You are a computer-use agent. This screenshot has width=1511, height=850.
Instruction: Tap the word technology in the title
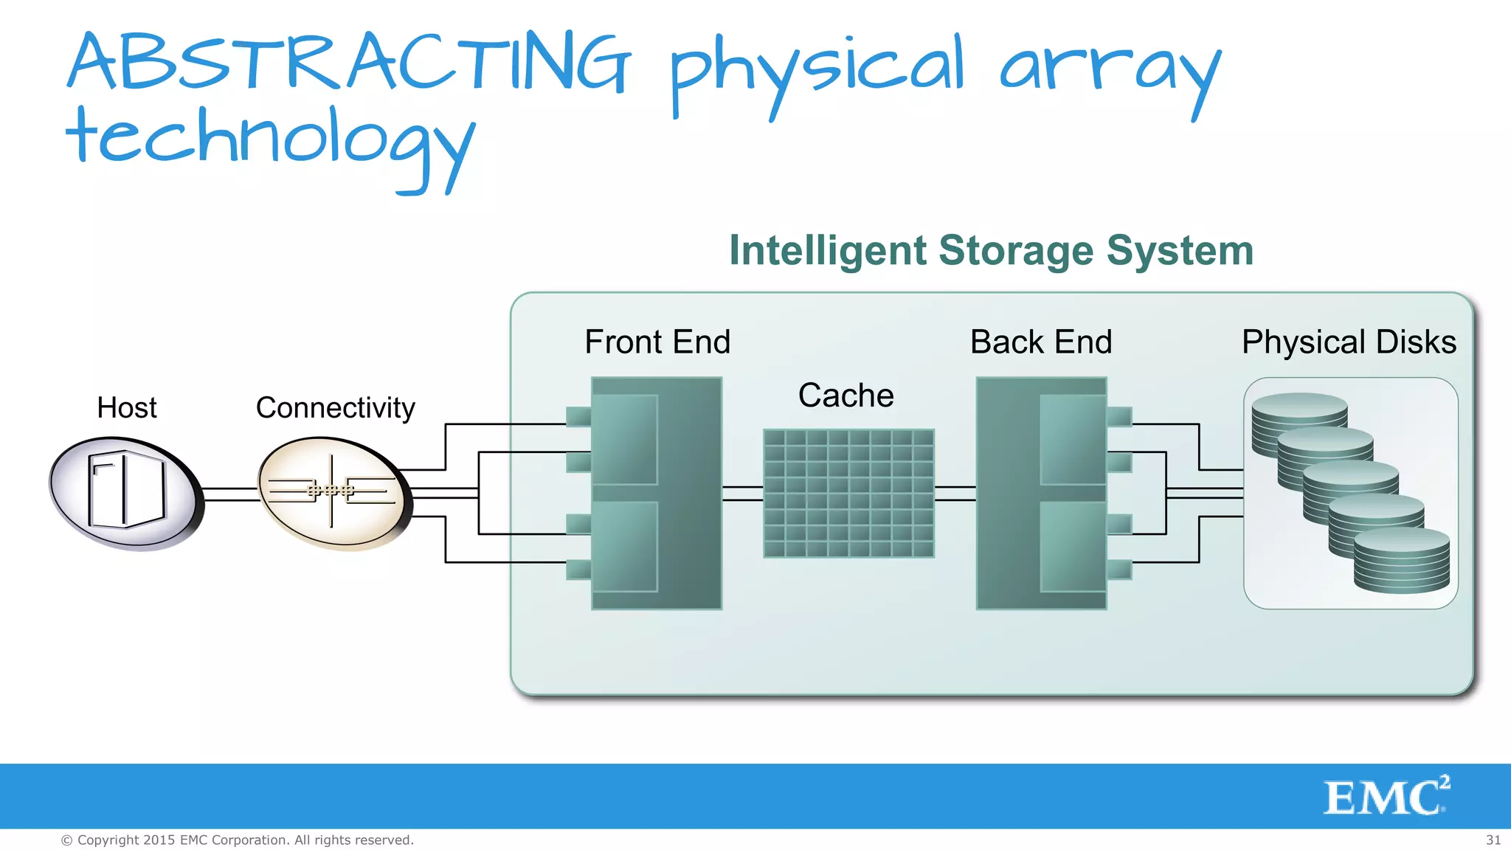pos(269,140)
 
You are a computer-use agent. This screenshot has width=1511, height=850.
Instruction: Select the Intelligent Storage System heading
pos(991,251)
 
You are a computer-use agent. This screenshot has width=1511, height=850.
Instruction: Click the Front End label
pos(657,342)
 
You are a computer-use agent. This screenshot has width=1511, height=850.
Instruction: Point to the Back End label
pos(1040,342)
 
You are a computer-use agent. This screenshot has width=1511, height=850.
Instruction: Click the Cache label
pos(846,396)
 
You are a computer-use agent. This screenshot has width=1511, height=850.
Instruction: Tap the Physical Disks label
pos(1349,342)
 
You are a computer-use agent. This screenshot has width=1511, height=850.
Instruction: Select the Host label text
pos(127,408)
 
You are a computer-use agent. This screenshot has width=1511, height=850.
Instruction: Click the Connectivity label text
pos(335,408)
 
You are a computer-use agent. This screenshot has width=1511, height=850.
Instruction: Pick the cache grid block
pos(848,493)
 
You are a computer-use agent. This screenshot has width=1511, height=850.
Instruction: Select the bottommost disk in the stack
pos(1402,564)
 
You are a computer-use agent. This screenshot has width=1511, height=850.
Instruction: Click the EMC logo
pos(1386,797)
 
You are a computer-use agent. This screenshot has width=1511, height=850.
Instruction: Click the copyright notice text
pos(237,840)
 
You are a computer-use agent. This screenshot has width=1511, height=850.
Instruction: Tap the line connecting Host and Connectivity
pos(230,494)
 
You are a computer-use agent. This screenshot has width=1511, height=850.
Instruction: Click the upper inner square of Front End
pos(624,440)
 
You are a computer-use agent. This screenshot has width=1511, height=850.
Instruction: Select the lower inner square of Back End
pos(1073,547)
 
